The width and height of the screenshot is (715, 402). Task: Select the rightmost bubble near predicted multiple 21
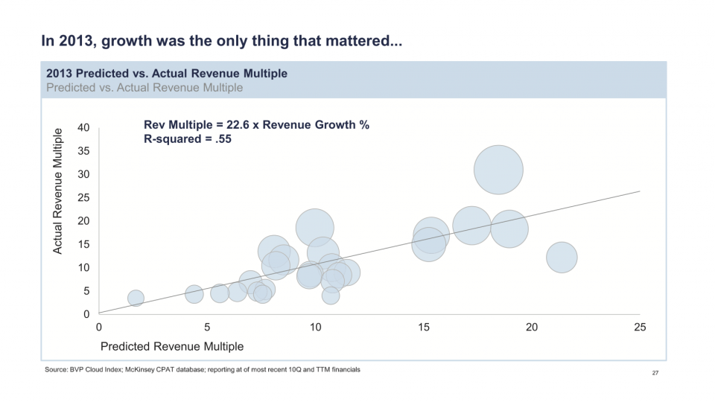[562, 258]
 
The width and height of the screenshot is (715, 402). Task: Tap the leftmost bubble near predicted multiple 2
[136, 298]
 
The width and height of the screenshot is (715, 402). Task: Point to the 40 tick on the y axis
[84, 128]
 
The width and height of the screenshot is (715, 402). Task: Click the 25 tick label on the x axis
[639, 328]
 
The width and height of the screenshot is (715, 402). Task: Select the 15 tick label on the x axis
[423, 328]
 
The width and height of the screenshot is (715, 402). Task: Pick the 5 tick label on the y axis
[86, 291]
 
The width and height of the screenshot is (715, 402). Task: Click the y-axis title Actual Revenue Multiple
[58, 191]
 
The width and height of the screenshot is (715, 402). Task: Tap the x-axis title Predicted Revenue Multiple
[172, 346]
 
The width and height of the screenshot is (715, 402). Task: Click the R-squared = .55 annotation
[188, 138]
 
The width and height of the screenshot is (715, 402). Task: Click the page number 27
[655, 373]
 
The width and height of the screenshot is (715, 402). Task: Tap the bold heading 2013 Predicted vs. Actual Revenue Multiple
[167, 74]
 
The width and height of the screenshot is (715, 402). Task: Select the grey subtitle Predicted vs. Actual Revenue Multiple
[144, 87]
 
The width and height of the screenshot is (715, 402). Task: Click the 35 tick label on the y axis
[84, 151]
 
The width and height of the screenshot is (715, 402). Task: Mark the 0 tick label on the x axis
[99, 328]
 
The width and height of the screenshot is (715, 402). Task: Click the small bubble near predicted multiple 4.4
[194, 294]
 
